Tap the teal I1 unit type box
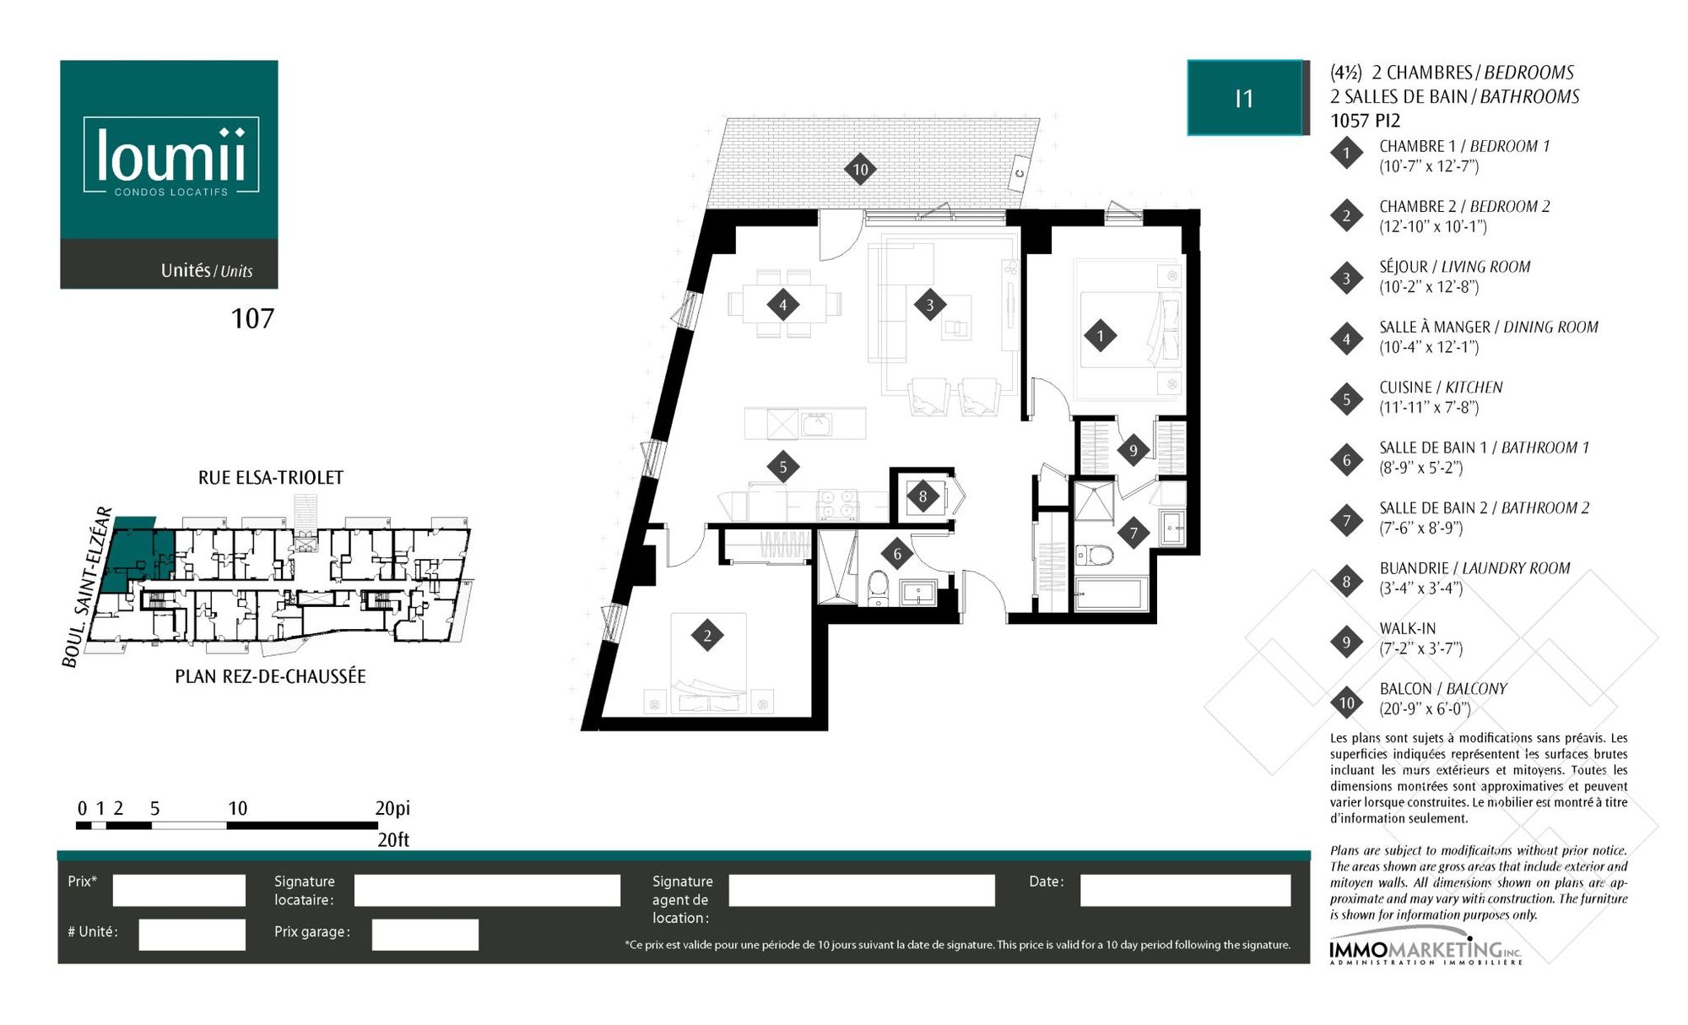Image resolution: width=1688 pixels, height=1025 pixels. tap(1245, 98)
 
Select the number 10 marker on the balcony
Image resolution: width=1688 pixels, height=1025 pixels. tap(860, 169)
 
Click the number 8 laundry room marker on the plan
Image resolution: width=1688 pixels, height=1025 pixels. tap(922, 496)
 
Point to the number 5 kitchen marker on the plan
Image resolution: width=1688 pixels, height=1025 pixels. tap(783, 467)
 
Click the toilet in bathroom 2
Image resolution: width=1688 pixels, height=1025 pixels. tap(1095, 555)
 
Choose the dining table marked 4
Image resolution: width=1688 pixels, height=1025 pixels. tap(784, 304)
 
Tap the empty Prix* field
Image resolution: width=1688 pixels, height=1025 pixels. tap(179, 890)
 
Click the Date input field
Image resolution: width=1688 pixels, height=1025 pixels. tap(1185, 890)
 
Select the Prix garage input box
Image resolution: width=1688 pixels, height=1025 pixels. tap(425, 935)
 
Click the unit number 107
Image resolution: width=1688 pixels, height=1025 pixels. tap(252, 318)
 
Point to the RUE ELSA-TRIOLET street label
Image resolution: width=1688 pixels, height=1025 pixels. tap(271, 478)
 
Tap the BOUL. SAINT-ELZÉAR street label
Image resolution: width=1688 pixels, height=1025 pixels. tap(87, 587)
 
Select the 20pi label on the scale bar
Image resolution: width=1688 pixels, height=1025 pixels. tap(392, 808)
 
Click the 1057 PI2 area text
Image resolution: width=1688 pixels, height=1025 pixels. tap(1365, 121)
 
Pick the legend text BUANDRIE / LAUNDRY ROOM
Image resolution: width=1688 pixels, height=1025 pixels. tap(1474, 568)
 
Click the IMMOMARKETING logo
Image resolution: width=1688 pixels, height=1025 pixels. tap(1426, 952)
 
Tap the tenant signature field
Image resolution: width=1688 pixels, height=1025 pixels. tap(487, 890)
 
